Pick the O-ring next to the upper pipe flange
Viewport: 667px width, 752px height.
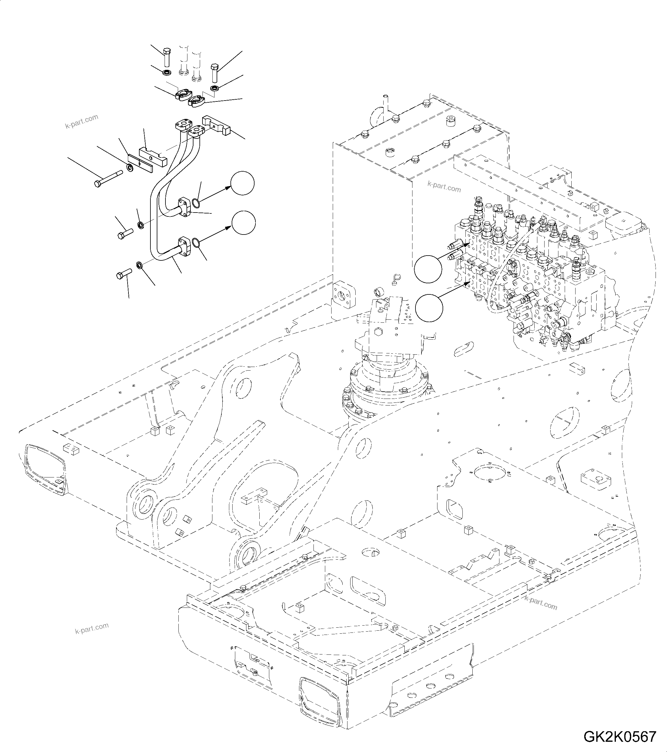tap(196, 203)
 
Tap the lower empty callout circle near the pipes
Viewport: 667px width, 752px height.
tap(243, 222)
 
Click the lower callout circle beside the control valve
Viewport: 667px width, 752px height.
tap(429, 308)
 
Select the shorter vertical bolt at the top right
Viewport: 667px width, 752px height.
tap(215, 73)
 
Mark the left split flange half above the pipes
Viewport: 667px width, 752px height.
tap(182, 95)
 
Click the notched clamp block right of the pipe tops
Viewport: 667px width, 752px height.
tap(216, 125)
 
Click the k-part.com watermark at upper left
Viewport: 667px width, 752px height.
tap(82, 121)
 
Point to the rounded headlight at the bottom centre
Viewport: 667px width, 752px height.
tap(320, 698)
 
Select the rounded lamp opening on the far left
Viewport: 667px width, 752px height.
tap(44, 468)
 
